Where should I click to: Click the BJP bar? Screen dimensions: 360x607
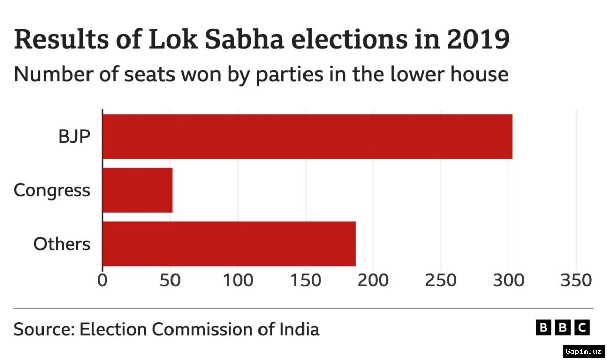(x=307, y=137)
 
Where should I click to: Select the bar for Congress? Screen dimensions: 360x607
(x=138, y=190)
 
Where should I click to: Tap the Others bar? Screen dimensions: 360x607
(x=229, y=244)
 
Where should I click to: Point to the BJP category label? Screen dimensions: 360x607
(x=73, y=137)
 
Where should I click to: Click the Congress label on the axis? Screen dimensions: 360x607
(x=52, y=191)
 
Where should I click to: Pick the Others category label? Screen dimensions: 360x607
(x=62, y=244)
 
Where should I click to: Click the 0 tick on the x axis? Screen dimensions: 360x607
(x=103, y=280)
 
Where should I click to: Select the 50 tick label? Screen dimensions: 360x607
(x=170, y=280)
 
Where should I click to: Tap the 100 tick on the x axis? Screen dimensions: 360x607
(x=237, y=280)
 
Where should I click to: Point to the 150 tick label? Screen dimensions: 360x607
(x=305, y=280)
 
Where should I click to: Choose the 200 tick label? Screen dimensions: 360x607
(x=373, y=280)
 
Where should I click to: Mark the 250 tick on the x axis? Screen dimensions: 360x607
(x=441, y=280)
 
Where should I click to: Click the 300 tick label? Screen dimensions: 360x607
(x=508, y=280)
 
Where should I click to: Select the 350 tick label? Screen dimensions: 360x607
(x=576, y=280)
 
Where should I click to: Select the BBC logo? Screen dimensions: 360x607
(x=562, y=328)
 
